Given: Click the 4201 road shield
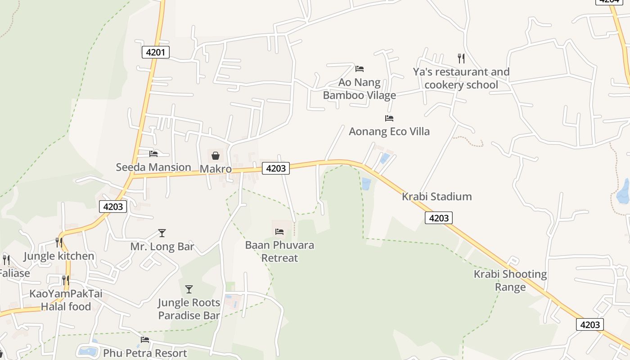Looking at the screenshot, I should [156, 52].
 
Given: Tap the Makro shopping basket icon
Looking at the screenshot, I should [216, 156].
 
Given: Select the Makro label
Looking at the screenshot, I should [216, 169].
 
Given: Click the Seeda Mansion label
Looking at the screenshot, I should [153, 167].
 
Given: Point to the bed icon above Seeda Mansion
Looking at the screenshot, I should [153, 154].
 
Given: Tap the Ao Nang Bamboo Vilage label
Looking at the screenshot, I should [360, 89].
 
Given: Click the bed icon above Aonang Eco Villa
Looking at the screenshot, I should [389, 118].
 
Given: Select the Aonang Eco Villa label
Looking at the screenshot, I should [389, 131].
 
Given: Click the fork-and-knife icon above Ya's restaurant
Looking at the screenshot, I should [461, 58].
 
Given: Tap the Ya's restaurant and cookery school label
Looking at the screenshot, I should [461, 78].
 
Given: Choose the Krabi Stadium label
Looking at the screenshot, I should [436, 197].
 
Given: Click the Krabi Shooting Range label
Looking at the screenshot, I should [510, 280].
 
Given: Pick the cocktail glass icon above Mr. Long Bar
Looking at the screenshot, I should [162, 233].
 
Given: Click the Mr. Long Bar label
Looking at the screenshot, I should [162, 247].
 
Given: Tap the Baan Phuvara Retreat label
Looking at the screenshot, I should [279, 252].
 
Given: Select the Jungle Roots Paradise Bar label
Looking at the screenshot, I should [189, 309].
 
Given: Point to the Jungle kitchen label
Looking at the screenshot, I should [59, 256].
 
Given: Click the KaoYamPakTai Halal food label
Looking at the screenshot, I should [66, 300].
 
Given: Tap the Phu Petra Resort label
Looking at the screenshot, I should [145, 353].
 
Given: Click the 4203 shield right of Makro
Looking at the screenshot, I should [276, 168].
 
